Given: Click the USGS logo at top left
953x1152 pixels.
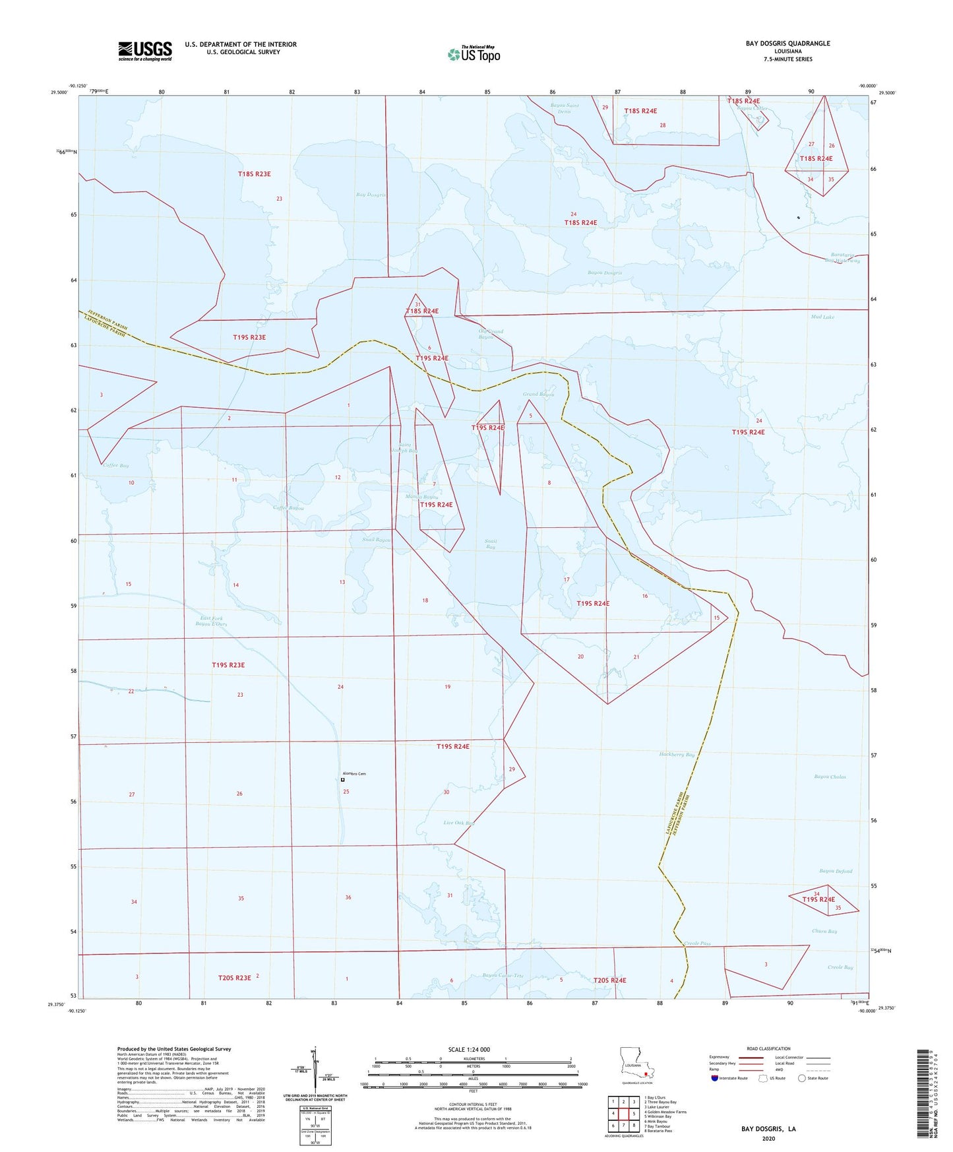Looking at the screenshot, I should [x=145, y=50].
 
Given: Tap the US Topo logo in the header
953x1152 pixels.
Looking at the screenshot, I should [x=474, y=54].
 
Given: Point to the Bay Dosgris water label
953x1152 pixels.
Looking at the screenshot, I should [x=371, y=195].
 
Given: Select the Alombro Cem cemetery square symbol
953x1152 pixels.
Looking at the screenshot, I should [x=343, y=780].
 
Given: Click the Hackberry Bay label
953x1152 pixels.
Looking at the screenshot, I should [x=677, y=754].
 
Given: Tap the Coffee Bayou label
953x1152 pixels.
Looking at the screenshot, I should [x=288, y=507].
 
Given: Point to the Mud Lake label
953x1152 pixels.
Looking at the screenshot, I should [x=822, y=317].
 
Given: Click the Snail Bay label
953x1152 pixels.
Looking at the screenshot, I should [x=490, y=544].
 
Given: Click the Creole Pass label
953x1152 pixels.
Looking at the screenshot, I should [x=697, y=944].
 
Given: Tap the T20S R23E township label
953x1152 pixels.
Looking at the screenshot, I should [x=234, y=978].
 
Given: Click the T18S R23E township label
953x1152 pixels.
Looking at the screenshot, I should [x=254, y=174].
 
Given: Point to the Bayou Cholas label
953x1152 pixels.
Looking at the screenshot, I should [x=830, y=777].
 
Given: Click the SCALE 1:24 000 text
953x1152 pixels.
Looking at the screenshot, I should [x=469, y=1049].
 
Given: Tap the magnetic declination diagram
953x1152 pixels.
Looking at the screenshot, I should [x=315, y=1072].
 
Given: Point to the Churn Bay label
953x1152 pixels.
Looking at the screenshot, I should [x=824, y=932].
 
